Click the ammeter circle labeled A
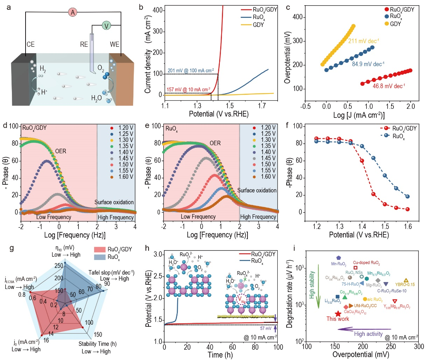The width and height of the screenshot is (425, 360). point(72,13)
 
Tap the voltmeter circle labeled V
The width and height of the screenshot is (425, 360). point(106,26)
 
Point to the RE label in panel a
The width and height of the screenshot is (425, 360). point(84,44)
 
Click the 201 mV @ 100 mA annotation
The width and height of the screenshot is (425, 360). point(190,71)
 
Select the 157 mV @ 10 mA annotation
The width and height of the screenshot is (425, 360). point(188,90)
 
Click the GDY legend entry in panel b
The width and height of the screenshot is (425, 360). point(258,25)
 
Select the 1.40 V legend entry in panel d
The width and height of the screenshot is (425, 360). point(126,152)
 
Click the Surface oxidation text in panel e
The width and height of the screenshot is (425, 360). point(257,190)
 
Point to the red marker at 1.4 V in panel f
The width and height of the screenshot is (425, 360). point(362,161)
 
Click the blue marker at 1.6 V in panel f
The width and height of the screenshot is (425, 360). point(407,197)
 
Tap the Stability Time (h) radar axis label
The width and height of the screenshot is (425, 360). point(97,344)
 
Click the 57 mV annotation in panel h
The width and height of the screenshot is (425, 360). point(266,329)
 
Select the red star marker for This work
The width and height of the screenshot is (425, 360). point(338,314)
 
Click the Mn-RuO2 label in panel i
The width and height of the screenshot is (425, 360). point(339,264)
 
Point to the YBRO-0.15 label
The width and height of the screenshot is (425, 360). point(405,284)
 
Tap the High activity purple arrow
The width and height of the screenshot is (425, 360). point(364,329)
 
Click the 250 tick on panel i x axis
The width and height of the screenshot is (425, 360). point(391,347)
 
